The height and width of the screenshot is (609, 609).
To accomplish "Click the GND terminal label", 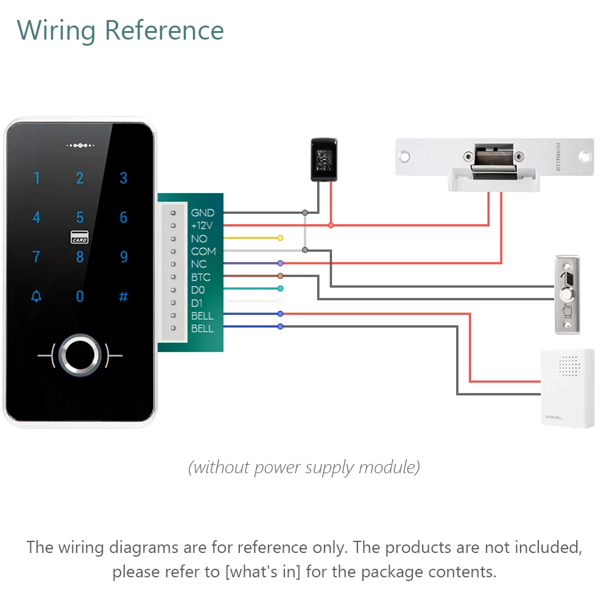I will click(x=203, y=213).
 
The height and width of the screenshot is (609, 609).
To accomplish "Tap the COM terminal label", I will click(x=203, y=251).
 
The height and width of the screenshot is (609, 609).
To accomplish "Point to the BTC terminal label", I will click(x=201, y=277).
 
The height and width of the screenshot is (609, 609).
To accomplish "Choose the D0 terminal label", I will click(x=198, y=290).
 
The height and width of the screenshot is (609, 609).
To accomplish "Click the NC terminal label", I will click(x=199, y=264).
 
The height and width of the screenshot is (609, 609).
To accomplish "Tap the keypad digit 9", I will click(x=124, y=256).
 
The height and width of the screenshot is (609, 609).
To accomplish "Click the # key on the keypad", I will click(x=124, y=297).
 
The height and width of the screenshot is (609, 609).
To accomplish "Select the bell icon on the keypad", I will click(x=37, y=297).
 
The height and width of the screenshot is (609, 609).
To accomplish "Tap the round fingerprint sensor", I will click(x=80, y=353).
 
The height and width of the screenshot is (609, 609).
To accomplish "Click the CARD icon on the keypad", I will click(x=80, y=237).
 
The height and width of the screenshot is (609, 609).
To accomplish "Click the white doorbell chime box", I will click(x=567, y=388).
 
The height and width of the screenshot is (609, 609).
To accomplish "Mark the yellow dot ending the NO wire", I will click(x=280, y=238).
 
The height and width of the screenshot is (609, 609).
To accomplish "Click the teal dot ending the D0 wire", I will click(x=280, y=289).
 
